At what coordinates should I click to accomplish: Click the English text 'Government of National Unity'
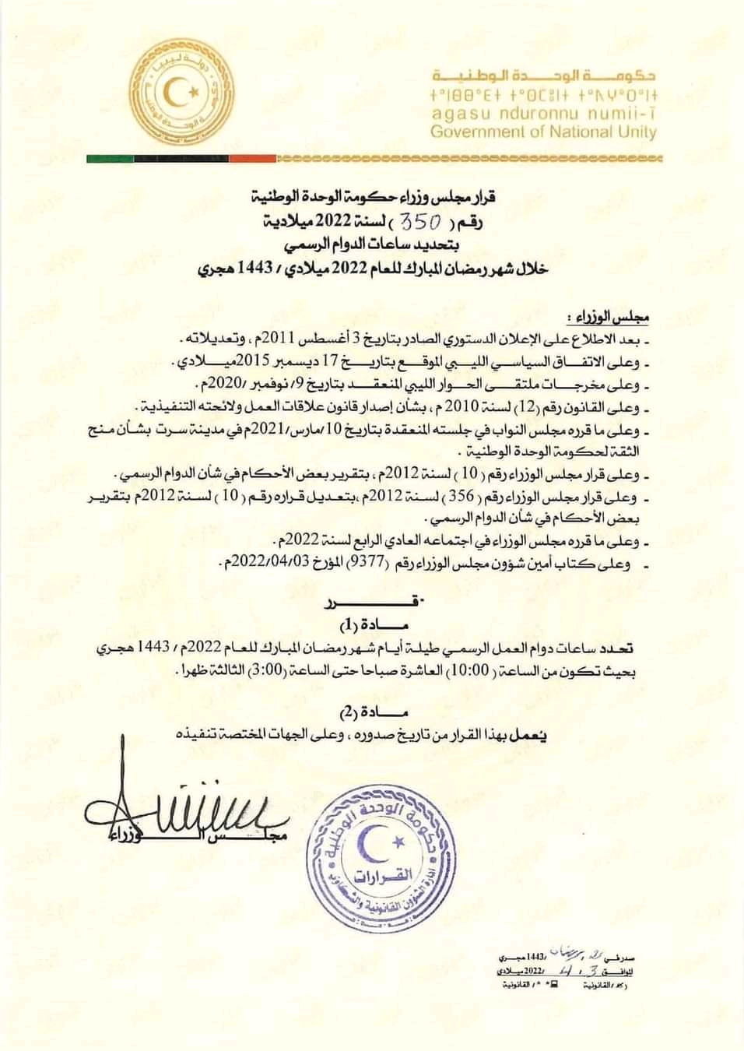543,132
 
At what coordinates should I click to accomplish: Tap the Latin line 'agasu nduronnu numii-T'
543,114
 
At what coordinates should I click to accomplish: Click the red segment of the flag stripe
252,158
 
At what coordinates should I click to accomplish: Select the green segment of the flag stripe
109,158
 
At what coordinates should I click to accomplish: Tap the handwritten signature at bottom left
179,810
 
